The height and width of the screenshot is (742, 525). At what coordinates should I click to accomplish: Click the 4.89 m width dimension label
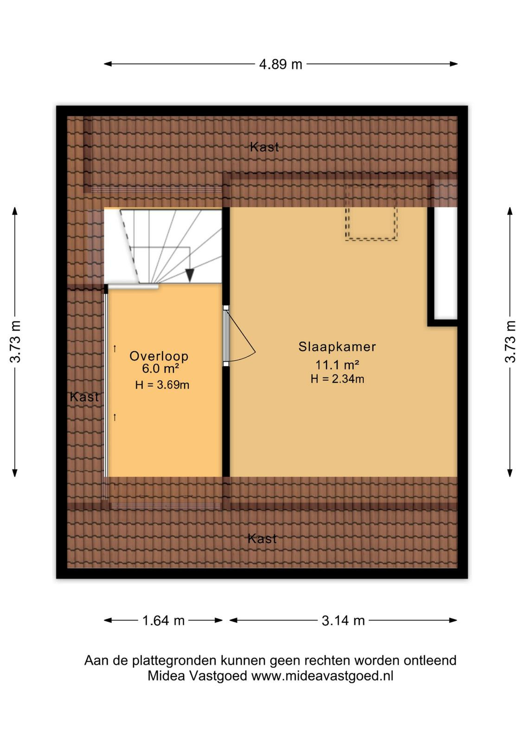click(280, 64)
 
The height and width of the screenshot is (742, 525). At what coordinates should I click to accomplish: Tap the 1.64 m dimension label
click(163, 620)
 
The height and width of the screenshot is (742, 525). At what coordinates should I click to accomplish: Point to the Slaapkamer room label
click(337, 347)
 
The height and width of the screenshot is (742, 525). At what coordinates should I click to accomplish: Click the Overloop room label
click(159, 356)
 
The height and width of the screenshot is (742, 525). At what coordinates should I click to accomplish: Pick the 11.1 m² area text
click(337, 365)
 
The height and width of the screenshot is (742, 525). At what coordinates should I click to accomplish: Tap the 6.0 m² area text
click(160, 368)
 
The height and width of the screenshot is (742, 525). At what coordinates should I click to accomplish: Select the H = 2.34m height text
click(337, 379)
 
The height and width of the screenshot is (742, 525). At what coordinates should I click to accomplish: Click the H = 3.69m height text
click(162, 385)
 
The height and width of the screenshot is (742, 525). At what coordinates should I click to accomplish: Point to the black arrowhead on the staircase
click(190, 275)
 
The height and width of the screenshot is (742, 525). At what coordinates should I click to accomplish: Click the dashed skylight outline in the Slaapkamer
click(371, 212)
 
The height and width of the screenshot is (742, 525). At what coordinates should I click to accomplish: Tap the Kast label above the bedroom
click(264, 147)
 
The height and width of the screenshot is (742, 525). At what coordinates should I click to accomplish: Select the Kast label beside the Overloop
click(84, 397)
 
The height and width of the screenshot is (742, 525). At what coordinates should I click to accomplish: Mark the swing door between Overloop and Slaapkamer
click(239, 335)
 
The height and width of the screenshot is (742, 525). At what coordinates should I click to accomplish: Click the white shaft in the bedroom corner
click(446, 263)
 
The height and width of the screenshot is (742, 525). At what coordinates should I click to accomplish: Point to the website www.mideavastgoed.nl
click(322, 676)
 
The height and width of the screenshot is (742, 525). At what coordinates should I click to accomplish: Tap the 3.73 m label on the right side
click(510, 341)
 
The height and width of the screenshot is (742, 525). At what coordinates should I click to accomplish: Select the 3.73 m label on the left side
click(15, 341)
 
